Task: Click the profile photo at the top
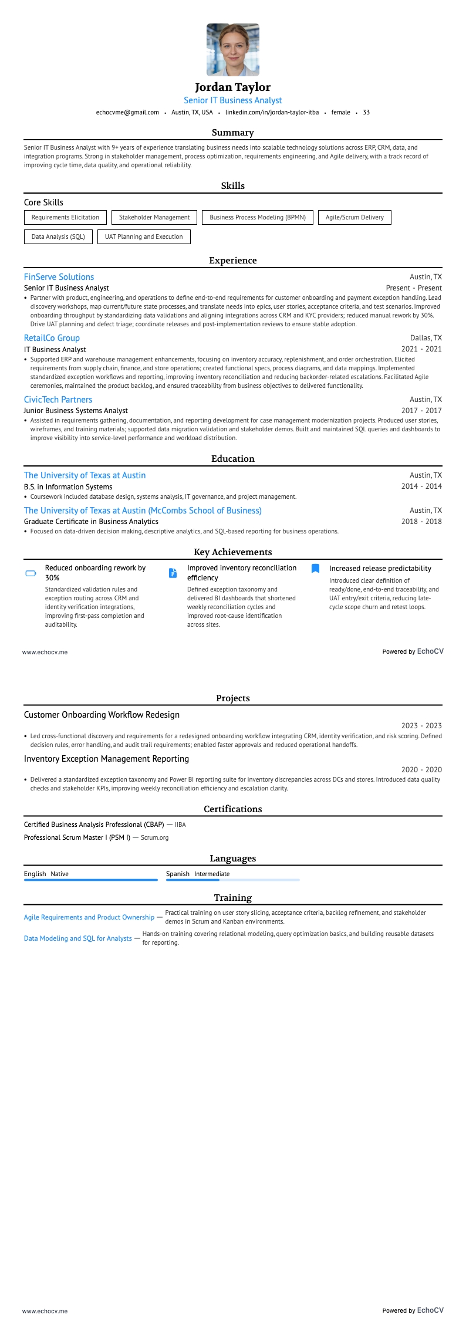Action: (x=233, y=50)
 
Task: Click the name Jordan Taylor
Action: (x=233, y=87)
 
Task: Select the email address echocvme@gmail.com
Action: (x=127, y=112)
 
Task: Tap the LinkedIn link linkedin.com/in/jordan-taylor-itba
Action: (x=272, y=112)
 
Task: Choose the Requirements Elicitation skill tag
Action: (x=65, y=217)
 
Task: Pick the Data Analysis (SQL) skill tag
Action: (x=58, y=236)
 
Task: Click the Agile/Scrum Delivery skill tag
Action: (x=354, y=217)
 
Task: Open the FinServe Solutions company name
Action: (x=59, y=277)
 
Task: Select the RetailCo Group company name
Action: (x=52, y=338)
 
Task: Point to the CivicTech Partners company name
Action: (x=58, y=400)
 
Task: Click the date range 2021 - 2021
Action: (x=421, y=349)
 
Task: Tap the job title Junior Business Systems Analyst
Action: (x=76, y=411)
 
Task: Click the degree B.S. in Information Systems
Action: (x=68, y=486)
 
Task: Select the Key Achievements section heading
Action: (x=233, y=552)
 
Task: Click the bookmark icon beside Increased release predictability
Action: (x=315, y=568)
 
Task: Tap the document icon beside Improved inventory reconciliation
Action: (x=173, y=573)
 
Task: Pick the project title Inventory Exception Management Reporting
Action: (x=106, y=759)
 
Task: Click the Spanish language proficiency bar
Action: (x=232, y=880)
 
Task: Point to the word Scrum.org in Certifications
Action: (x=154, y=837)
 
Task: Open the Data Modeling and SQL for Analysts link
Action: (x=77, y=938)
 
